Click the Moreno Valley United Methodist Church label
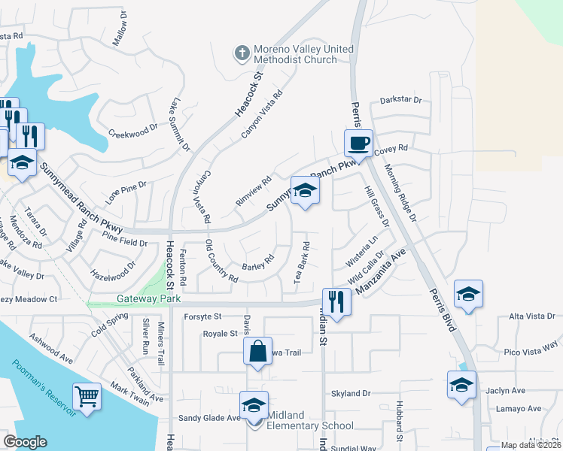[x=303, y=54]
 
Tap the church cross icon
[x=242, y=52]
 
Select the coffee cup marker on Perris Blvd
[x=359, y=143]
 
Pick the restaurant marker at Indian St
[x=336, y=302]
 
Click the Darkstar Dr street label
[x=400, y=99]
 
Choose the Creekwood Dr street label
[x=133, y=130]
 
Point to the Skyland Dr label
[x=351, y=393]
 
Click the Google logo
[x=25, y=442]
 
